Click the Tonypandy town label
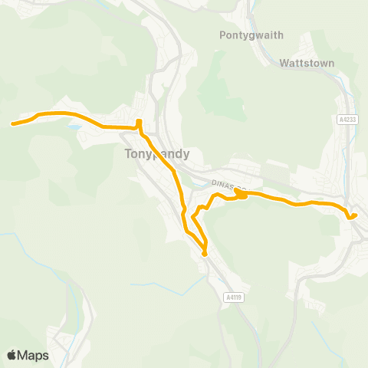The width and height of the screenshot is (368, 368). tap(156, 153)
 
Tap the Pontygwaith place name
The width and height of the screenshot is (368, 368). tap(251, 35)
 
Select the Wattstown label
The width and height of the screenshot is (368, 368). tap(307, 63)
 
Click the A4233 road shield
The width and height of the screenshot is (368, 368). tap(347, 120)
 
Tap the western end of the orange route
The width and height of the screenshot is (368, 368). tap(13, 123)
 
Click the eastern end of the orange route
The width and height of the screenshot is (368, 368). tap(354, 215)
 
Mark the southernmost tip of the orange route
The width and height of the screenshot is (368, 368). tap(205, 254)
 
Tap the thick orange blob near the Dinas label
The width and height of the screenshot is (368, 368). tap(241, 195)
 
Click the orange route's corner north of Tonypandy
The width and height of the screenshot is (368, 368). tap(139, 122)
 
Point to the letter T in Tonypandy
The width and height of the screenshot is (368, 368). tap(127, 153)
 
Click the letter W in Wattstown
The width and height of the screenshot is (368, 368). tap(284, 63)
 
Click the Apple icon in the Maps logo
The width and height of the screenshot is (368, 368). tap(11, 354)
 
